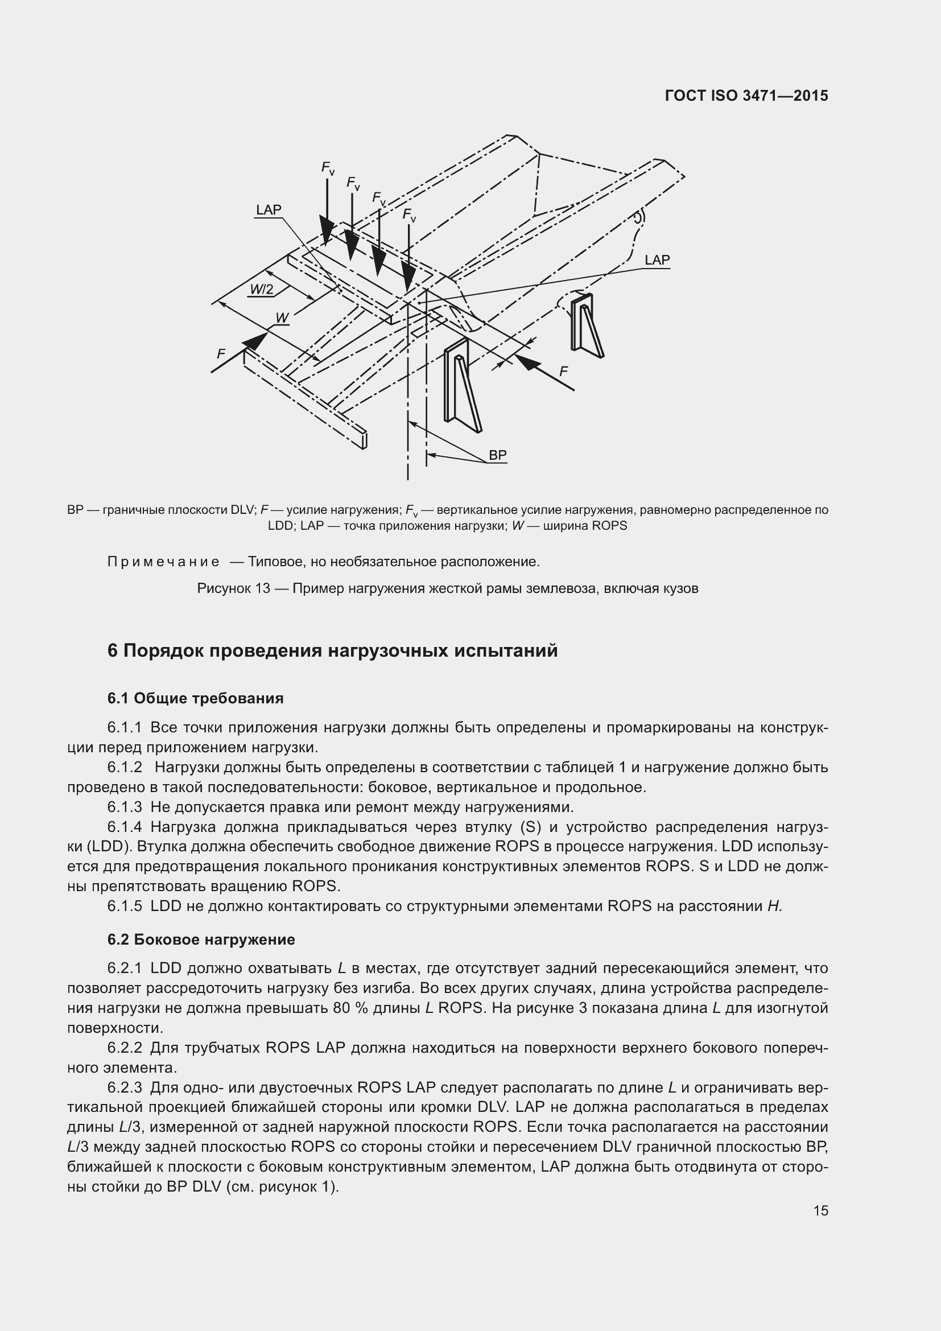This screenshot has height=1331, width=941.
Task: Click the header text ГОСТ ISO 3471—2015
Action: click(x=746, y=96)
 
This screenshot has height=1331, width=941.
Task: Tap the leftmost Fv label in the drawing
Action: click(x=328, y=168)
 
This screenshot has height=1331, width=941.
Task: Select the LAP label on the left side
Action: click(x=269, y=210)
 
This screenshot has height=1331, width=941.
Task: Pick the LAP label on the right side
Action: click(x=657, y=260)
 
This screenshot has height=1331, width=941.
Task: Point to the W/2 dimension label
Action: click(x=261, y=289)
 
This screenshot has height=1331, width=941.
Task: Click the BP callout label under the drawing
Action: click(x=497, y=455)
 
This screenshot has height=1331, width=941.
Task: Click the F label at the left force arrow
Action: click(x=221, y=353)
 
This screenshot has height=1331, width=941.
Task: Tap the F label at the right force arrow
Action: click(x=563, y=372)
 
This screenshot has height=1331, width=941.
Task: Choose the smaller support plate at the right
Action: click(x=586, y=324)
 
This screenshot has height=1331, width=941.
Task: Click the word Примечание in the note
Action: click(x=163, y=562)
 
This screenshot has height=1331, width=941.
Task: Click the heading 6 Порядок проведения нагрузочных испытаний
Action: click(x=332, y=650)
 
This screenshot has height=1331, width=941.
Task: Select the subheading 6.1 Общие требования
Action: click(x=195, y=698)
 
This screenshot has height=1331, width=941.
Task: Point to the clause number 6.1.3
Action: click(x=125, y=807)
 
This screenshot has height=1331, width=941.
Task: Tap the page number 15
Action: click(x=820, y=1210)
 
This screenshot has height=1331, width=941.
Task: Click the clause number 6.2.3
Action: click(x=125, y=1087)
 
